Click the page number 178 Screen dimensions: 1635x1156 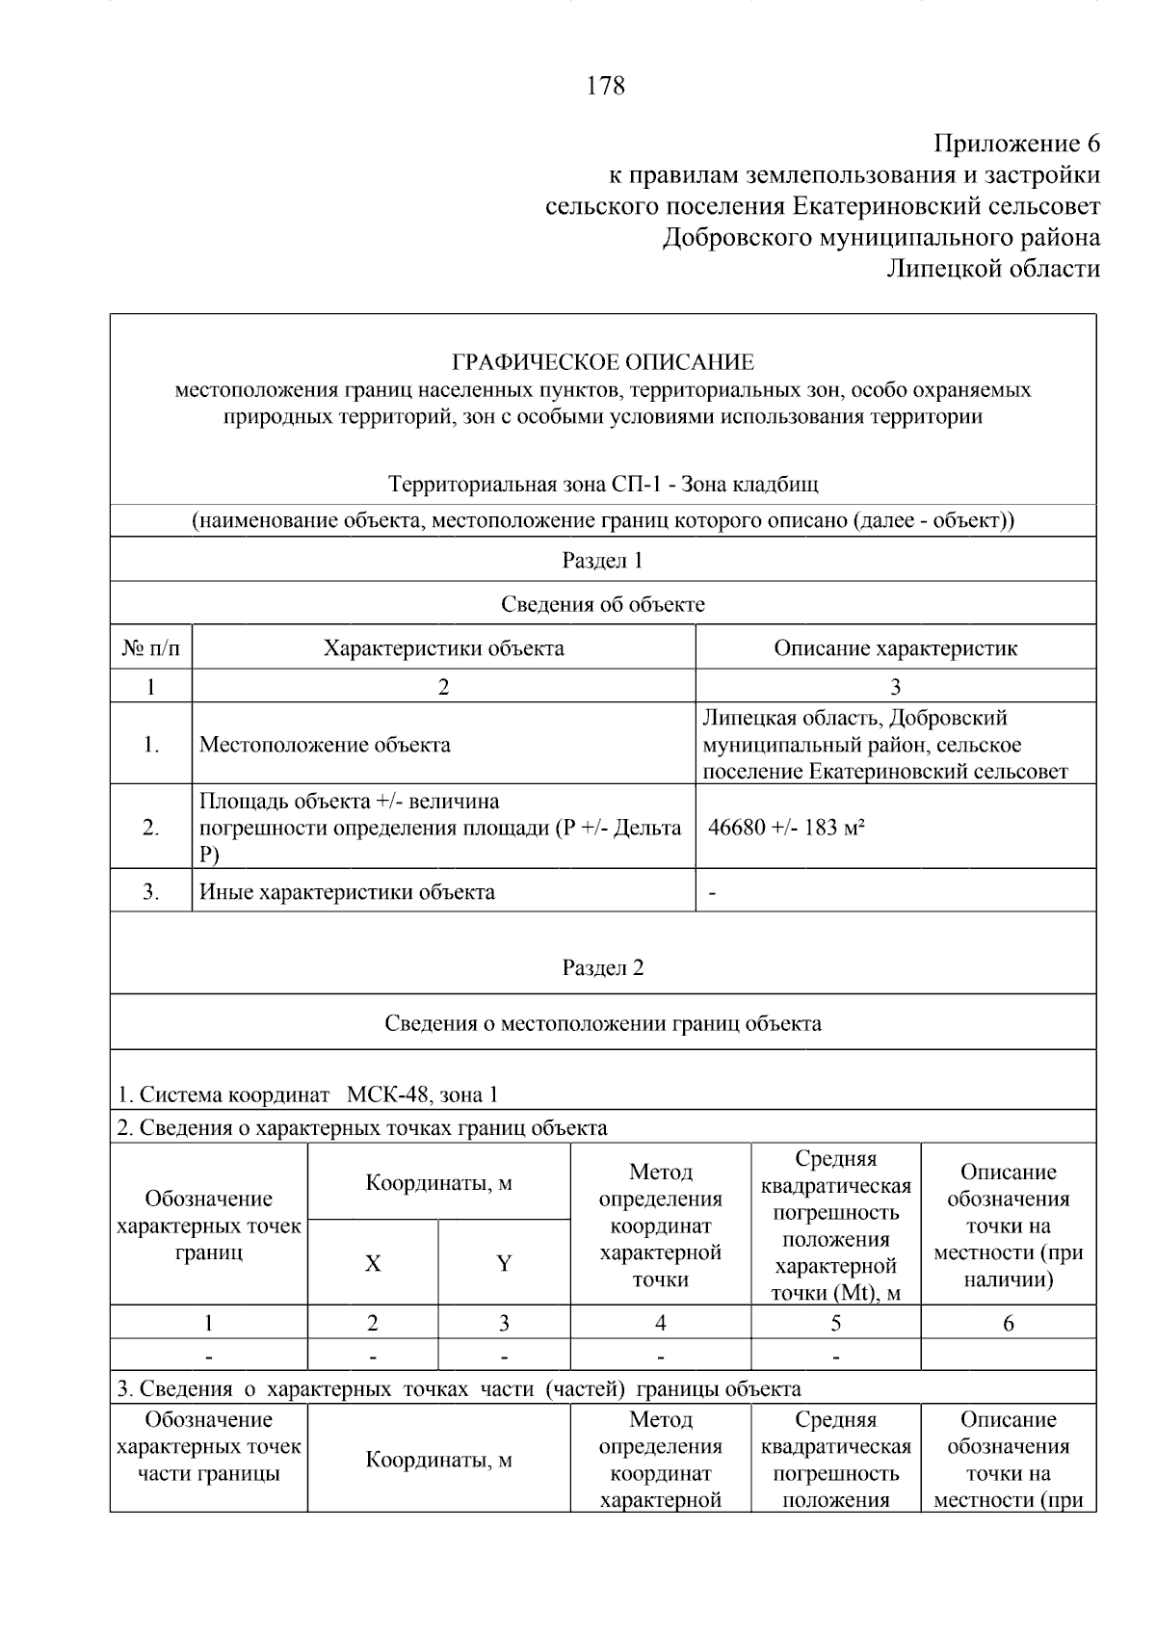605,86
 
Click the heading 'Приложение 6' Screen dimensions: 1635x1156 1016,144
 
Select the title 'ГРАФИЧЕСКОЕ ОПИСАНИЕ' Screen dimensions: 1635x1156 603,362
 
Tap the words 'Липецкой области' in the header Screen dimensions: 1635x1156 993,268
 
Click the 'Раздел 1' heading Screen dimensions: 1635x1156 603,560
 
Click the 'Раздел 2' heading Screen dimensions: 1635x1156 603,967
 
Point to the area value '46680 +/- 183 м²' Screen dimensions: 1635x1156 786,827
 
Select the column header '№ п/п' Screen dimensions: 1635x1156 151,647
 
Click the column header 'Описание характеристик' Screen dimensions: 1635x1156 895,647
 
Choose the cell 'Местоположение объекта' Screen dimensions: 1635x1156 325,744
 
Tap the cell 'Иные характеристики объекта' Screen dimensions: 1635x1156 347,891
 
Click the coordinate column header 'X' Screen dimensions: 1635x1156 373,1263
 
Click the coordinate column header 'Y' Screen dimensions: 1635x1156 504,1263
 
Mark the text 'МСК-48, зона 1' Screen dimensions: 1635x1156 422,1094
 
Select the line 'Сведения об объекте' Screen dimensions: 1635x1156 603,604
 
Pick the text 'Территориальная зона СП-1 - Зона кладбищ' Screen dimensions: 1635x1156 603,484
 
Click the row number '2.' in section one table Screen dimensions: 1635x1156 151,827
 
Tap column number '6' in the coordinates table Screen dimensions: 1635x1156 1008,1323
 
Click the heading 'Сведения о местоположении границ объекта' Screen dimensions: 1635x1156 603,1022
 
